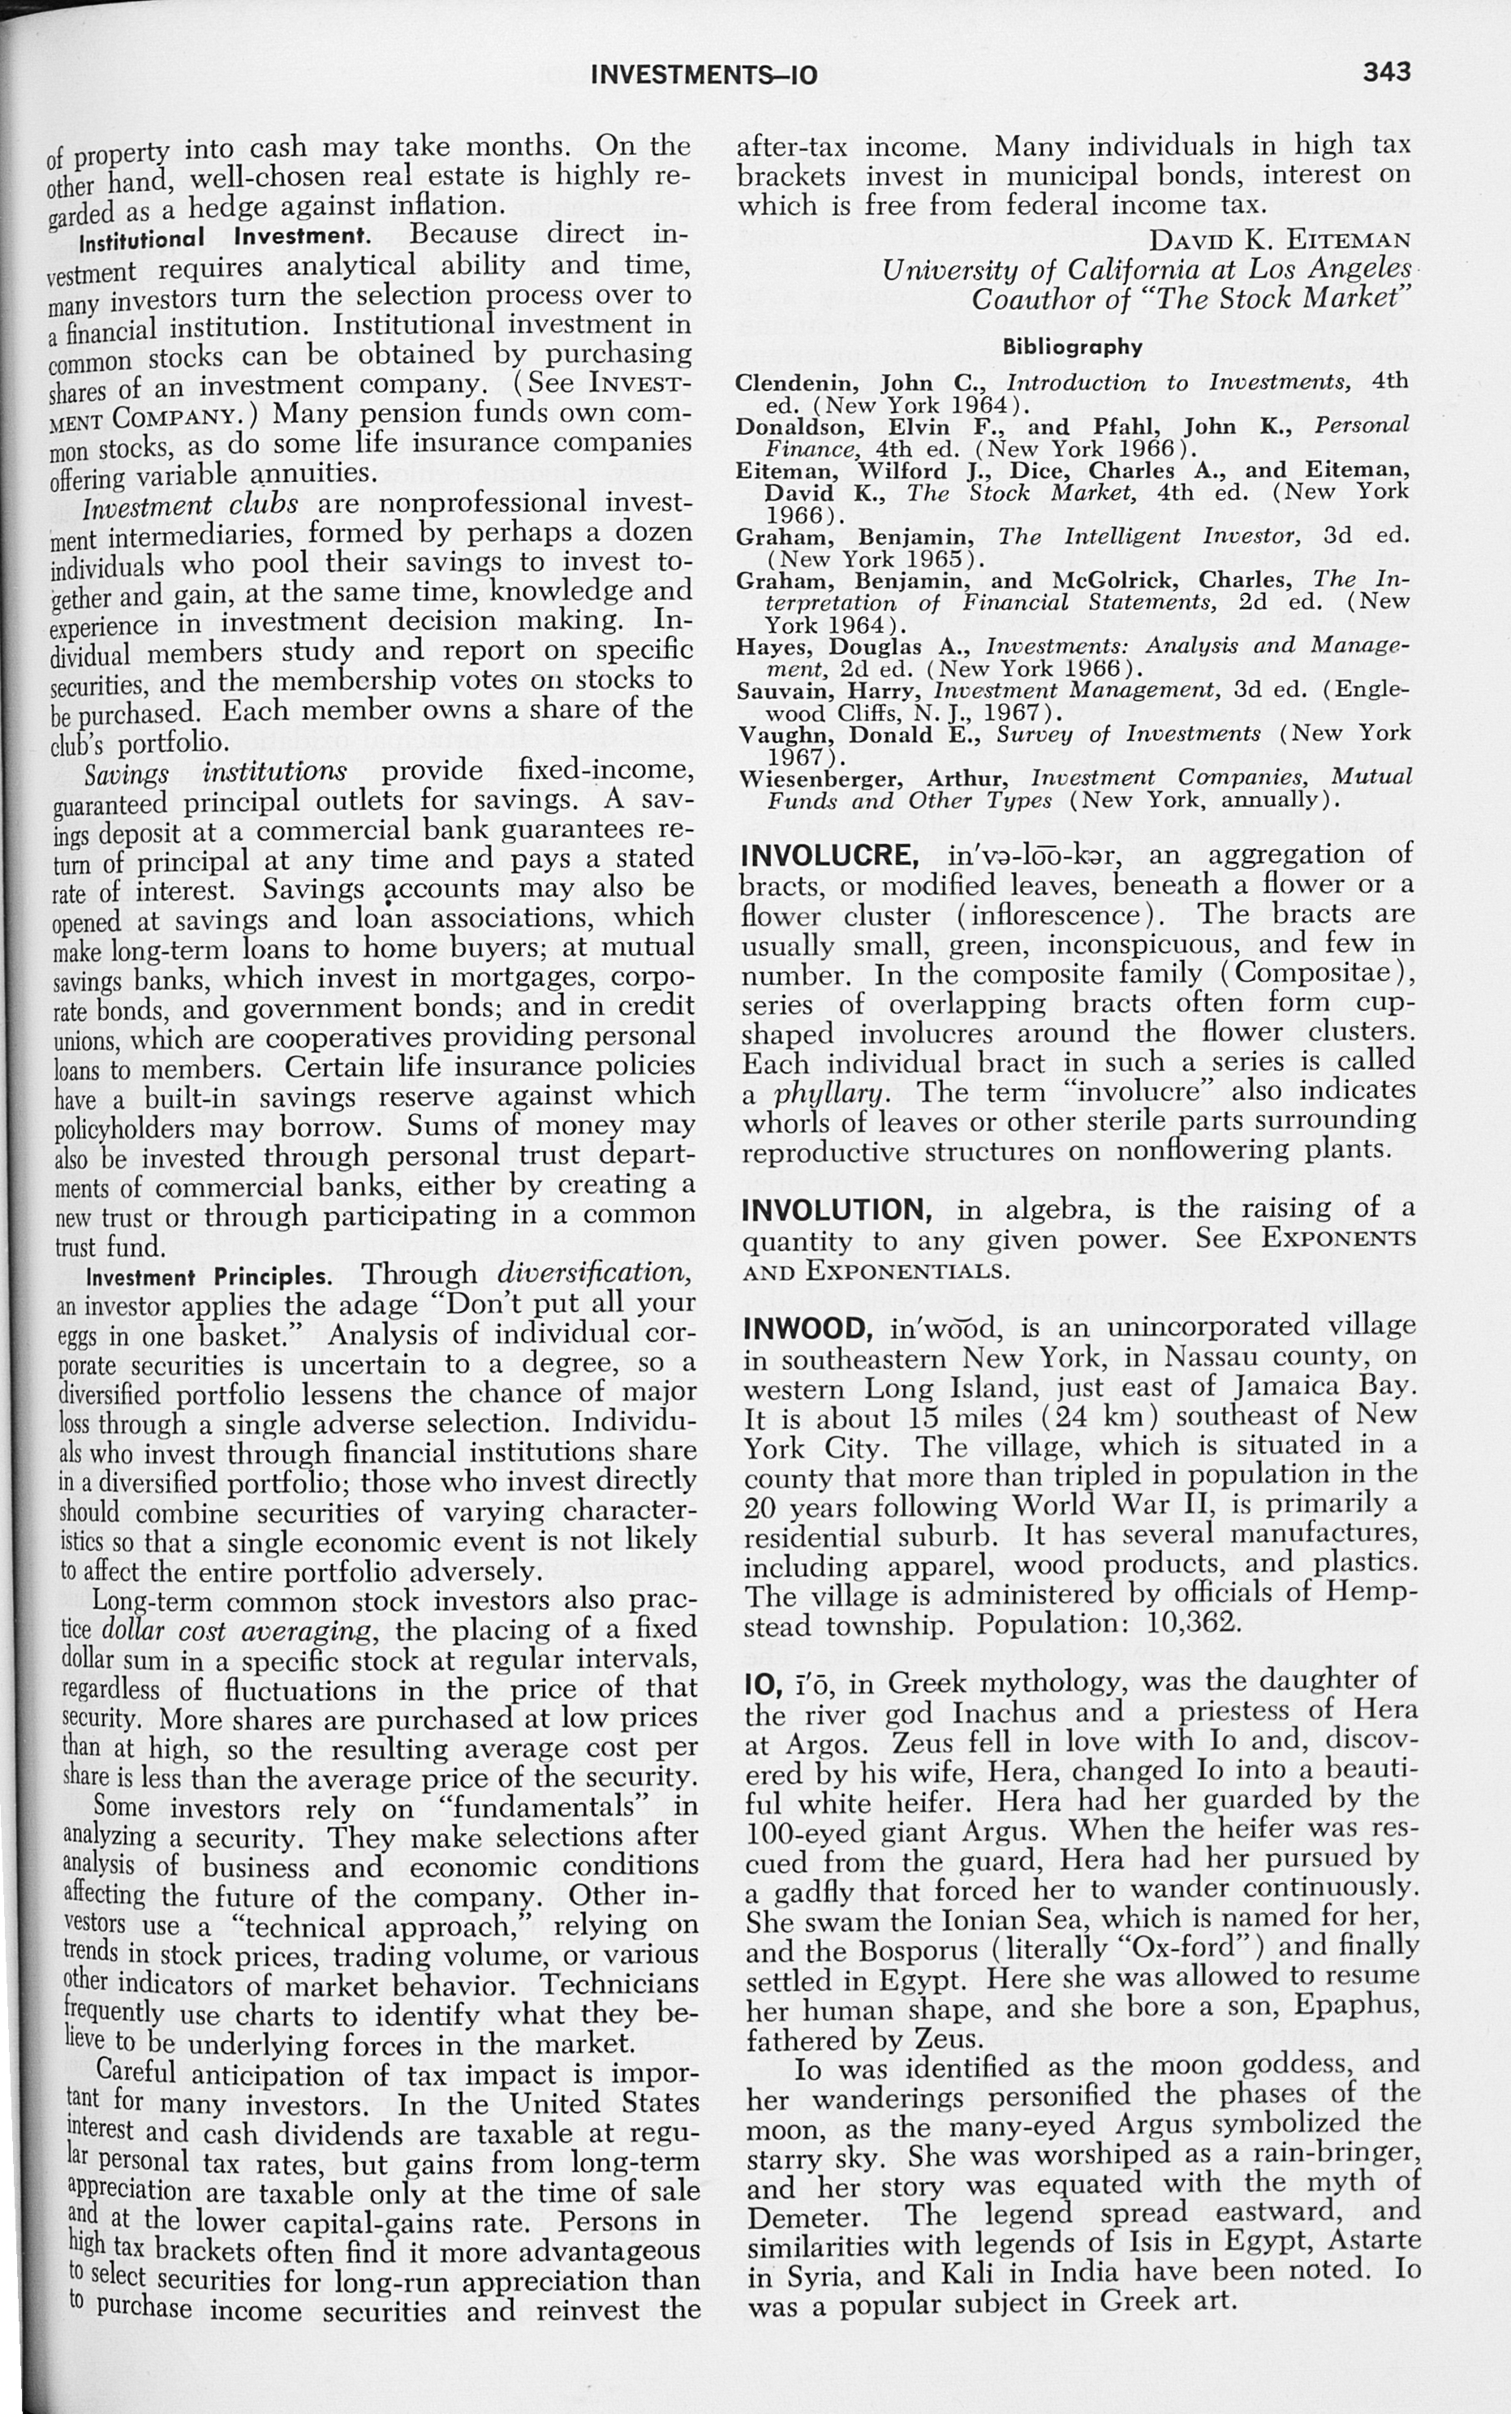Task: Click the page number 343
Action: pyautogui.click(x=1384, y=71)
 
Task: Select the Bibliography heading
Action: pyautogui.click(x=1072, y=346)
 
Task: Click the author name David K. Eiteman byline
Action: pyautogui.click(x=1281, y=240)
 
